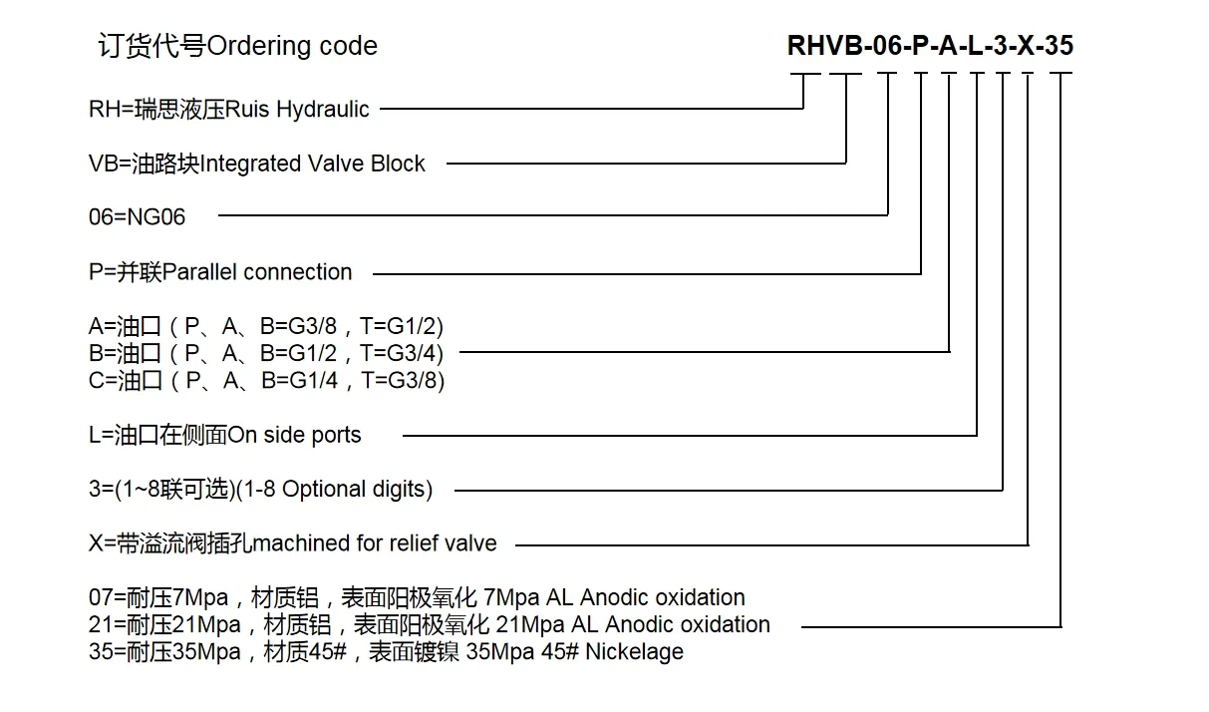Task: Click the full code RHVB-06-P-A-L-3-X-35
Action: [930, 46]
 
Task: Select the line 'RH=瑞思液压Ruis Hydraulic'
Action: [229, 109]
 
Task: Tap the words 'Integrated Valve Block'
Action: [313, 164]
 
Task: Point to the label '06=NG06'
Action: [138, 217]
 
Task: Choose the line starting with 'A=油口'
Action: [266, 326]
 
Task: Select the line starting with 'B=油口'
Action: [266, 353]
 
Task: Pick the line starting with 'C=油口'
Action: [266, 380]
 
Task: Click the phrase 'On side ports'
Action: [295, 435]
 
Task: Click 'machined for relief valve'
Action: [375, 543]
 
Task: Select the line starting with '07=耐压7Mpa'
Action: [417, 598]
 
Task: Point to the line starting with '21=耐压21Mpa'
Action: [429, 625]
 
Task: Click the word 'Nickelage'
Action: [635, 652]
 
